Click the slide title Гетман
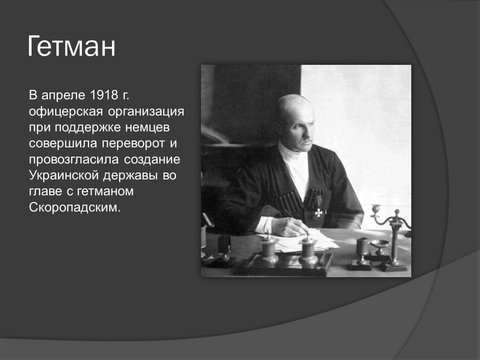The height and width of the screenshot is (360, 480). pyautogui.click(x=71, y=46)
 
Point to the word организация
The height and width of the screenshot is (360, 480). pyautogui.click(x=146, y=112)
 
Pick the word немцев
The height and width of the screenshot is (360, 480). pyautogui.click(x=147, y=128)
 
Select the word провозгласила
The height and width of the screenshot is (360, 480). pyautogui.click(x=74, y=160)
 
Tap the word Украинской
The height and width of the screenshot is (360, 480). pyautogui.click(x=64, y=175)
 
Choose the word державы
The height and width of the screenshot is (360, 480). pyautogui.click(x=130, y=176)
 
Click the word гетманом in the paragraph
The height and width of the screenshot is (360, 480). pyautogui.click(x=105, y=191)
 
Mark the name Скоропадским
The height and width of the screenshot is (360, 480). pyautogui.click(x=75, y=207)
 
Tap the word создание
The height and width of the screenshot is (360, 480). pyautogui.click(x=152, y=160)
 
